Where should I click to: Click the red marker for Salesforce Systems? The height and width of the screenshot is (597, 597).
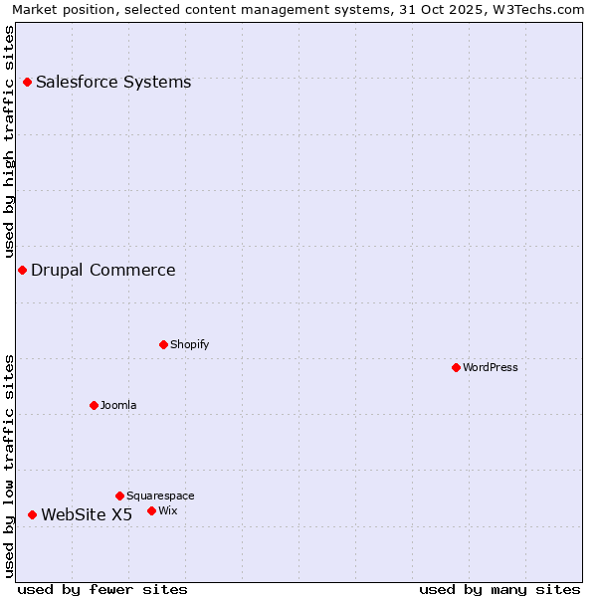(27, 82)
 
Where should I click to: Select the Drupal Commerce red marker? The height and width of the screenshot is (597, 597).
(22, 270)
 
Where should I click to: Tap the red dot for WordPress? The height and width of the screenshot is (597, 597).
(456, 367)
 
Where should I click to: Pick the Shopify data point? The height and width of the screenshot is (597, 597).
(163, 344)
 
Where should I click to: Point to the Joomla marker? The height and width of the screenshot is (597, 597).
(94, 405)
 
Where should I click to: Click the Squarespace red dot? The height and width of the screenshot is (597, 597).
(119, 496)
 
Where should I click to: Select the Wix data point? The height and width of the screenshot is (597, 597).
(151, 510)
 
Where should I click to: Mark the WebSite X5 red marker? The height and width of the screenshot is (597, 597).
(32, 514)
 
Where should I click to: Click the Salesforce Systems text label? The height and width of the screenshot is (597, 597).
(113, 82)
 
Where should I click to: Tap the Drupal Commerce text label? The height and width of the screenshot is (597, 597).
(103, 270)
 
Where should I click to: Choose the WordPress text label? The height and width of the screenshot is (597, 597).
(491, 367)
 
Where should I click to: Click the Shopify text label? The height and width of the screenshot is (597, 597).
(189, 344)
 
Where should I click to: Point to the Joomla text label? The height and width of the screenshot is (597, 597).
(118, 405)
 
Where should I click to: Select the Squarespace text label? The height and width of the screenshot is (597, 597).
(160, 496)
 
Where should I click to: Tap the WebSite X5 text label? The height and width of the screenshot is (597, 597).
(87, 514)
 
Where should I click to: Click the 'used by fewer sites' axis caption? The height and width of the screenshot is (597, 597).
(102, 589)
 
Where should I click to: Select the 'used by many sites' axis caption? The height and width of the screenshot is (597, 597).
(499, 589)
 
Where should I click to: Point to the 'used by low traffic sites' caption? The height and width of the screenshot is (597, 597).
(10, 466)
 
